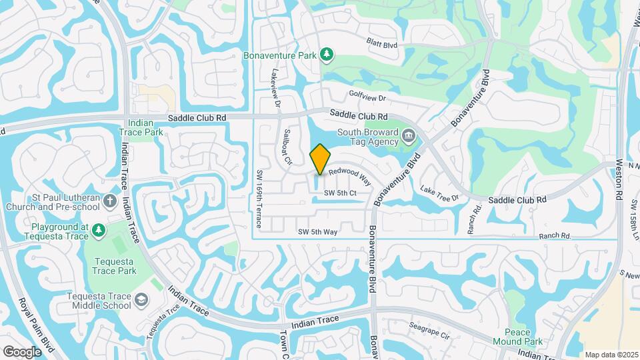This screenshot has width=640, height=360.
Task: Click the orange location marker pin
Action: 321,159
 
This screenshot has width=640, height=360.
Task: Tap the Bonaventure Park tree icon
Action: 326,54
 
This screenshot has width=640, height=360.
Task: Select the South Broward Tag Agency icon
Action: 408,137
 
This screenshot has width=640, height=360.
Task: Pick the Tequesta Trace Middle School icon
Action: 141,301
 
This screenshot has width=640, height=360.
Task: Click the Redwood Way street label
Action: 349,176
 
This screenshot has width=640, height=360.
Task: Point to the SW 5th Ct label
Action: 340,193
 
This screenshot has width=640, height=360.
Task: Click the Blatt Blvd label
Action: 382,43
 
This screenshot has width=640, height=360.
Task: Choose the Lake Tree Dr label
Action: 440,194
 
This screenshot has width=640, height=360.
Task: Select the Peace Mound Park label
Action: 523,337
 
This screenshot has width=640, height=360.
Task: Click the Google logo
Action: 22,351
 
